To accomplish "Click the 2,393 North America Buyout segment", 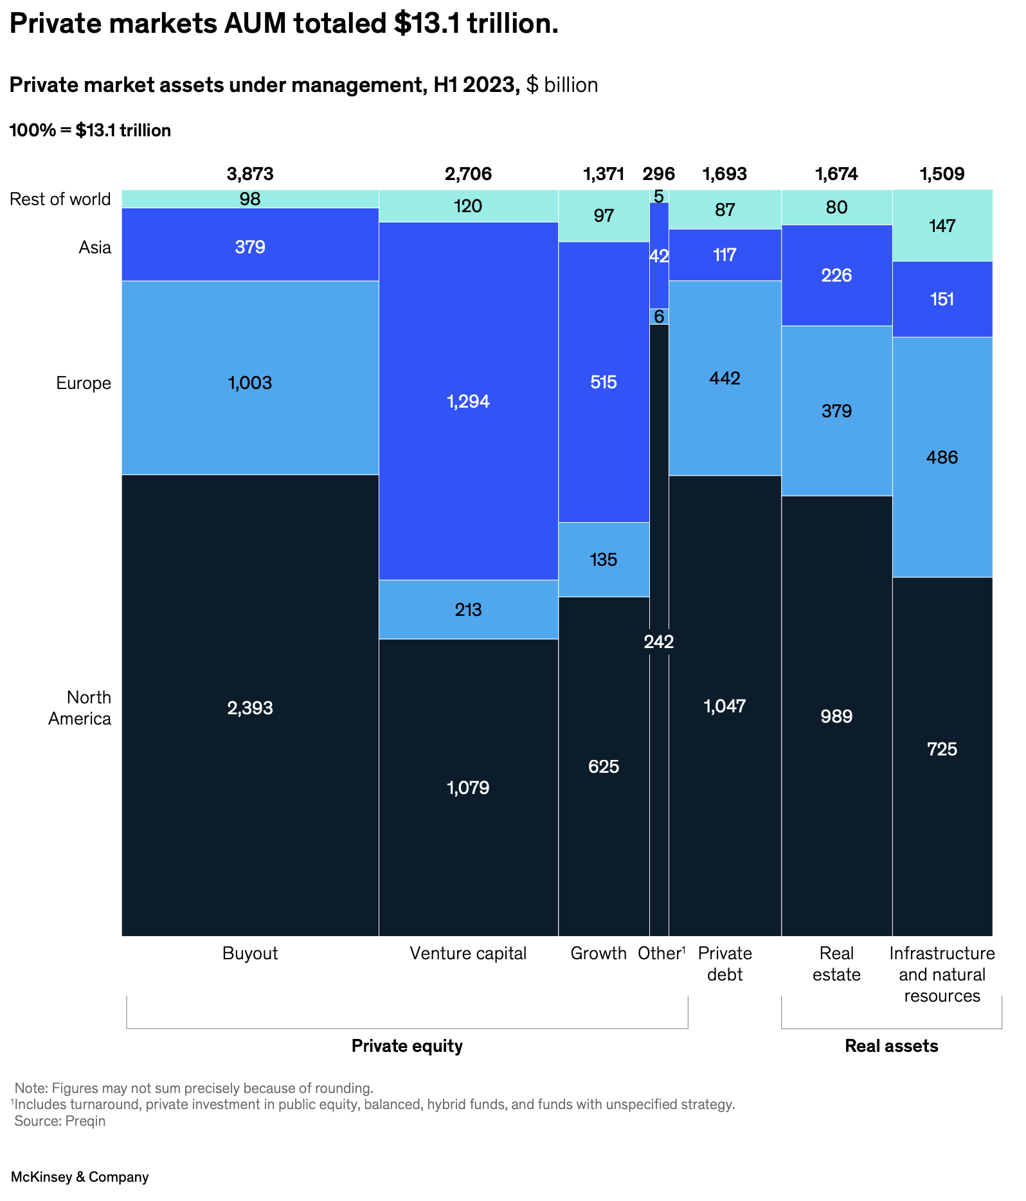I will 250,707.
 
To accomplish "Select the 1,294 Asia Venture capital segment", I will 468,401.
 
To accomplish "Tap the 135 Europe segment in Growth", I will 603,559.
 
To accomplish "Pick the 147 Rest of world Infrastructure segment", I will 942,226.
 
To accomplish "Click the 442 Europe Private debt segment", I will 724,377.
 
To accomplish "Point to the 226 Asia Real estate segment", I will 836,275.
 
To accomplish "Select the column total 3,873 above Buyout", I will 250,174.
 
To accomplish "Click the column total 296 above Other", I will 658,174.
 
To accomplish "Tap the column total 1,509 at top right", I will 942,174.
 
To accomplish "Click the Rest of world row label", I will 60,199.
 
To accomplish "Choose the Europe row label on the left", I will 84,383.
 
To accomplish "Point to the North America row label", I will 80,707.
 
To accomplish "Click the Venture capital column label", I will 468,953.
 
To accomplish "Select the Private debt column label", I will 724,963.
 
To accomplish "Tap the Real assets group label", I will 891,1045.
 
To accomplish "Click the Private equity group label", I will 407,1045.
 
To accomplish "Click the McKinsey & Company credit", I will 80,1177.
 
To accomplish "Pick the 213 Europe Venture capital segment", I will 468,609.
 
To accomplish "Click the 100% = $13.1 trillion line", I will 90,131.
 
